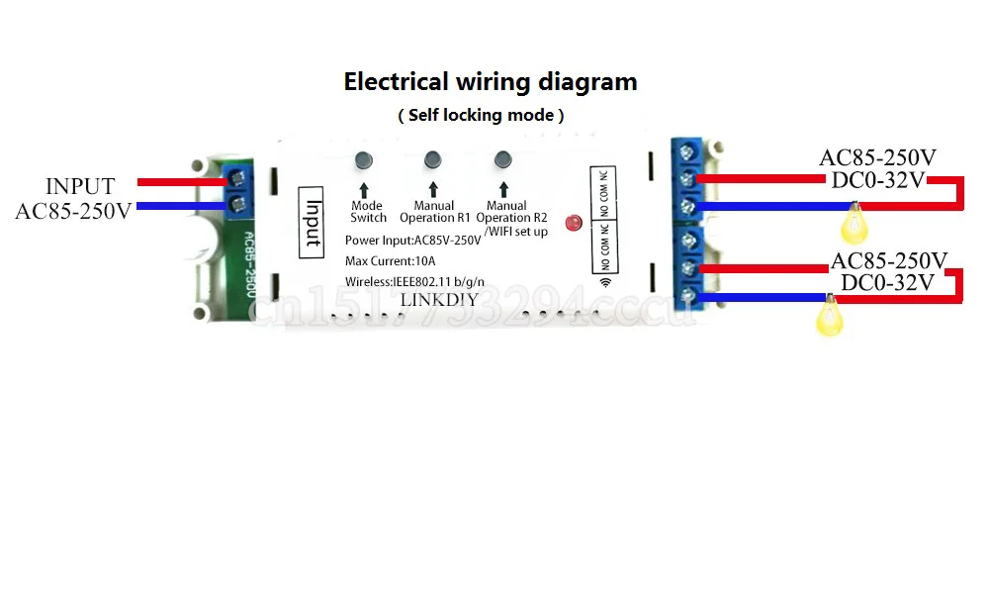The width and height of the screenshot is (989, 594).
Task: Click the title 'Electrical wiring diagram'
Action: click(x=491, y=81)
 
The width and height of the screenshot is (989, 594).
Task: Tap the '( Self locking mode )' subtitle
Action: click(x=482, y=115)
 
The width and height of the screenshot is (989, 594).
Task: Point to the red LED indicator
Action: click(x=571, y=224)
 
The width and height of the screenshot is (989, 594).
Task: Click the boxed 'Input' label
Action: click(x=313, y=222)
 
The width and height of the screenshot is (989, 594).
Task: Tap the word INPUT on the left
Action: click(x=80, y=186)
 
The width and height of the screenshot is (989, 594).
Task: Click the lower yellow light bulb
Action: click(x=825, y=319)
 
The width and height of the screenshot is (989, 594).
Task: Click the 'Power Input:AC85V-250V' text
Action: click(x=413, y=241)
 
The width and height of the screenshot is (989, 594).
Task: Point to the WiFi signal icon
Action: click(x=605, y=283)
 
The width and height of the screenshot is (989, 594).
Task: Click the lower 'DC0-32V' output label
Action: click(x=886, y=283)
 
